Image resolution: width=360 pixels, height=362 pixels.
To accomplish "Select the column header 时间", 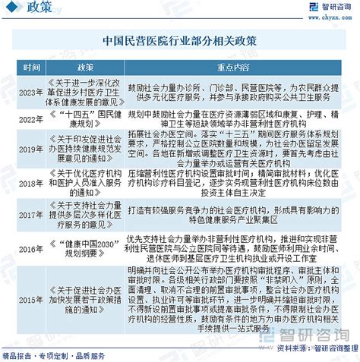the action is (x=31, y=68).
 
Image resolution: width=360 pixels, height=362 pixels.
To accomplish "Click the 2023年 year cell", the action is (x=31, y=93).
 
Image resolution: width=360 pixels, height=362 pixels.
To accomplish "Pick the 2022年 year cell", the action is (x=31, y=119).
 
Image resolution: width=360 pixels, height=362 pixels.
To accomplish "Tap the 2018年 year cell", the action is (x=31, y=183).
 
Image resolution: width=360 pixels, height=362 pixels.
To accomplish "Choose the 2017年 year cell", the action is (x=31, y=216).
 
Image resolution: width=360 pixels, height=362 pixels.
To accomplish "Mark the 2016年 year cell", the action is (x=31, y=248).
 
